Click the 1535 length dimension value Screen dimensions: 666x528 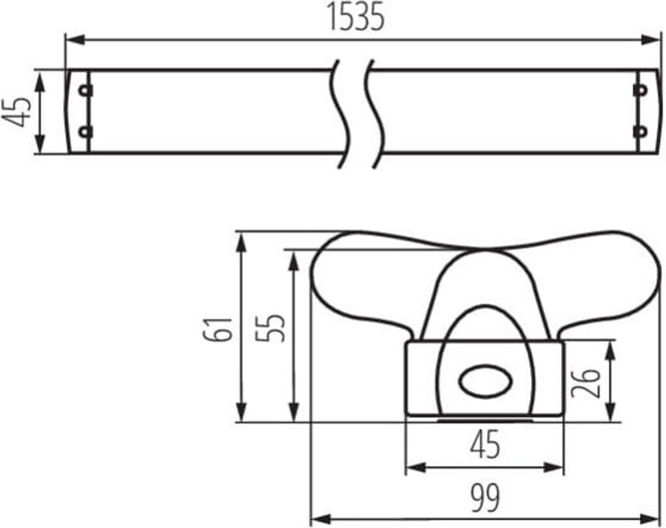[x=356, y=18]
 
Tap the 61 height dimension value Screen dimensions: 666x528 [x=218, y=329]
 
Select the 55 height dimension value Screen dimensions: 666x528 [x=270, y=327]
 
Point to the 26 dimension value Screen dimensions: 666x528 [x=586, y=383]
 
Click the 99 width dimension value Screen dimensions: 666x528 [x=485, y=498]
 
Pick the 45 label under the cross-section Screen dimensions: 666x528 [x=486, y=444]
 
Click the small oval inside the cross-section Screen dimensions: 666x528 [x=485, y=380]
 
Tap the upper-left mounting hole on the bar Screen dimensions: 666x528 [x=86, y=90]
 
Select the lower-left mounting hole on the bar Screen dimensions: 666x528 [x=86, y=132]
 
